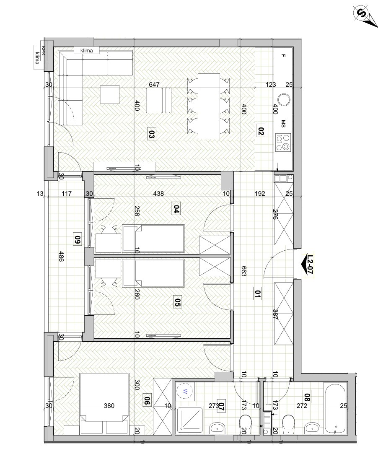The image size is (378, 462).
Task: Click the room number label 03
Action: (x=151, y=135)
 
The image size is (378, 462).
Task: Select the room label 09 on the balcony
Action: (x=78, y=238)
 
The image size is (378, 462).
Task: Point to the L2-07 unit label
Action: (x=309, y=264)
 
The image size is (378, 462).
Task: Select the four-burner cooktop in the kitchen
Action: (x=283, y=142)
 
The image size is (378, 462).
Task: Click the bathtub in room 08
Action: (x=336, y=408)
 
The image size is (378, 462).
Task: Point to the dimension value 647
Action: (x=154, y=85)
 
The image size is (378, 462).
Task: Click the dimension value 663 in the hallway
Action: (x=243, y=271)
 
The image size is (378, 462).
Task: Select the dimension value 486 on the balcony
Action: (x=61, y=256)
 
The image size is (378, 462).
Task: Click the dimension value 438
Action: (x=158, y=194)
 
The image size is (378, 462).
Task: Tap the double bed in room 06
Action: (x=104, y=403)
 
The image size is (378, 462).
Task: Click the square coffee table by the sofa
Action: (x=110, y=94)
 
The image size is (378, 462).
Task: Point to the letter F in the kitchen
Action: (x=283, y=55)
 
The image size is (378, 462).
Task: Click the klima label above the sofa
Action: (x=87, y=51)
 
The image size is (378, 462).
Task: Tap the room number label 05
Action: (x=177, y=303)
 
